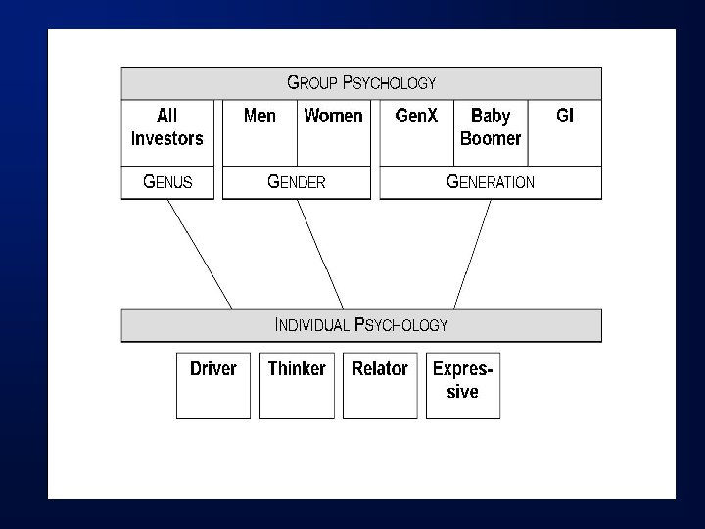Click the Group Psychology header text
tap(360, 83)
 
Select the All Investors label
tap(166, 127)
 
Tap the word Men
tap(259, 117)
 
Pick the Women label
tap(333, 117)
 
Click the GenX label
tap(416, 117)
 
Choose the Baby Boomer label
tap(491, 127)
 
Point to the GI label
tap(565, 117)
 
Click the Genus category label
tap(167, 182)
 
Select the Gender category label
tap(297, 182)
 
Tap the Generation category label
tap(490, 182)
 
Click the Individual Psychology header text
tap(360, 325)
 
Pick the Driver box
tap(213, 385)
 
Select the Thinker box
tap(297, 385)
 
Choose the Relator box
tap(380, 385)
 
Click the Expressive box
tap(463, 385)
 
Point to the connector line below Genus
tap(200, 254)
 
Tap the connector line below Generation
tap(472, 254)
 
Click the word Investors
tap(166, 138)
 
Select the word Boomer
tap(491, 138)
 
